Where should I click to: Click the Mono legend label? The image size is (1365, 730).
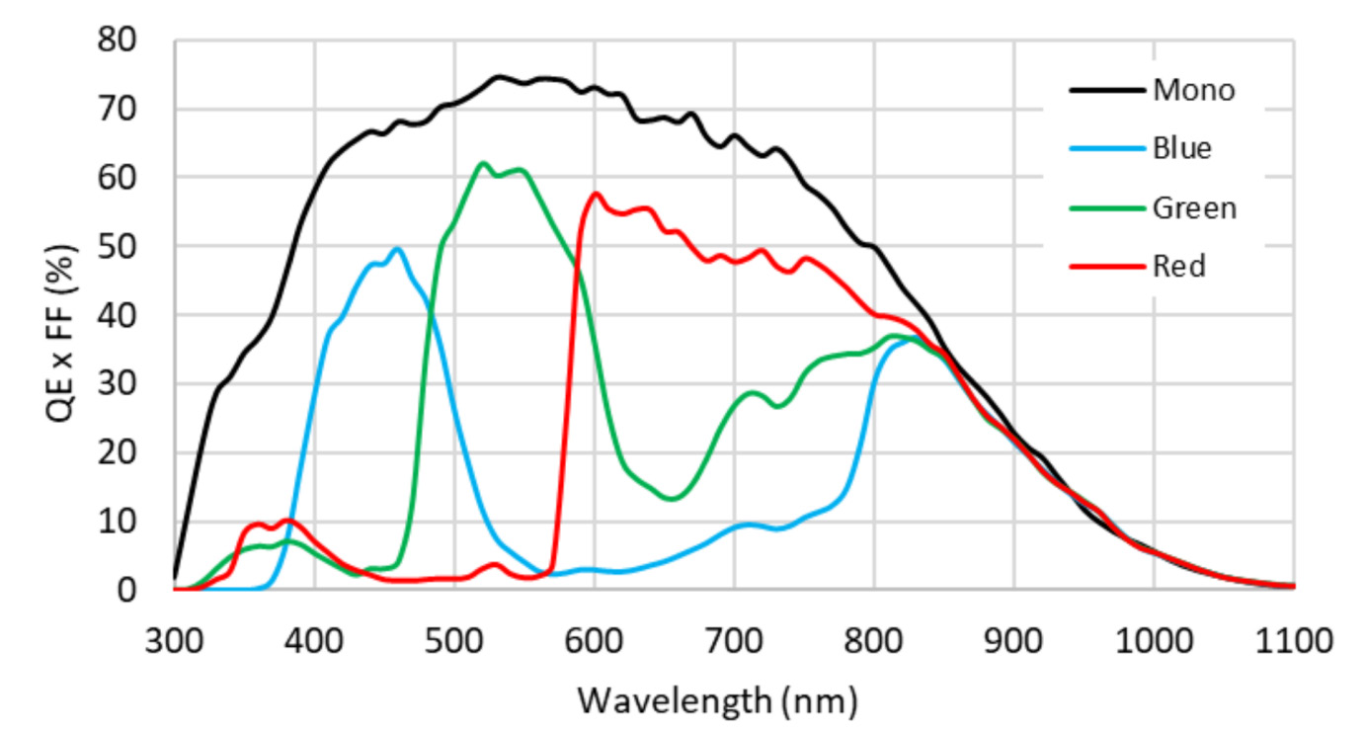[x=1193, y=91]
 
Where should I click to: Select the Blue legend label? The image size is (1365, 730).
[x=1181, y=149]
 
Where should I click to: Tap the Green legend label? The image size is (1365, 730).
[x=1193, y=208]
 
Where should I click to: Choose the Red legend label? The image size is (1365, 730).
[x=1178, y=267]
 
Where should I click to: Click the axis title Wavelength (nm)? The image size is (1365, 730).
[x=718, y=700]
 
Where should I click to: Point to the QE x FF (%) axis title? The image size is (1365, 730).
[x=61, y=314]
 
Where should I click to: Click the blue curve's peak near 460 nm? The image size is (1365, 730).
[x=397, y=248]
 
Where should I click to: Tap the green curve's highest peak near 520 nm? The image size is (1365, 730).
[x=482, y=163]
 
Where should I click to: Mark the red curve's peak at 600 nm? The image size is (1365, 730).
[x=595, y=194]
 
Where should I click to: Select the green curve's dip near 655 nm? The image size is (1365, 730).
[x=672, y=498]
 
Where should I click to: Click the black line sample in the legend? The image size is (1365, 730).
[x=1106, y=91]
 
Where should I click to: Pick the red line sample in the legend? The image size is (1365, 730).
[x=1106, y=267]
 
